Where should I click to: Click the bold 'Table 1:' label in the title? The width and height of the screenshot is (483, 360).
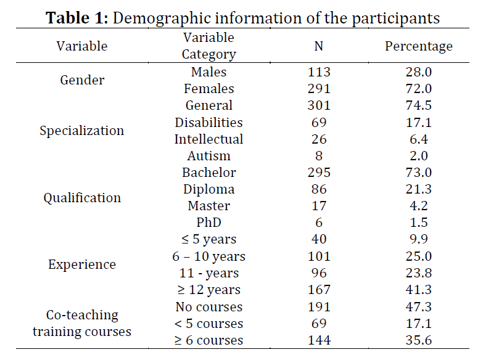coord(77,17)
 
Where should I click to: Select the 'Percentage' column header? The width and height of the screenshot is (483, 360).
coord(419,46)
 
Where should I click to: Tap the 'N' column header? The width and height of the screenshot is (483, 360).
coord(319,46)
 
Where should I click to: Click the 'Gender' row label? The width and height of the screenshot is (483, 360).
coord(82,80)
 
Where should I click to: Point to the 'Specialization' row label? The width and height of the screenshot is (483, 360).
coord(81,131)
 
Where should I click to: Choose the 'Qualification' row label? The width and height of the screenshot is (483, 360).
coord(82,198)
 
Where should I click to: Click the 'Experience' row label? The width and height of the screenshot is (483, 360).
coord(82,264)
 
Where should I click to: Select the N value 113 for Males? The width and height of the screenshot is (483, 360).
coord(319,72)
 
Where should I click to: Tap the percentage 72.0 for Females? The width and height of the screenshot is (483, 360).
coord(419,89)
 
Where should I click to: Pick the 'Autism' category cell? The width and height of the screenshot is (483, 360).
coord(209,156)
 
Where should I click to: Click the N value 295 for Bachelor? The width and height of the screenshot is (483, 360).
coord(319,173)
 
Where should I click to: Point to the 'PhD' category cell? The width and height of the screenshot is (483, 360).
coord(209,223)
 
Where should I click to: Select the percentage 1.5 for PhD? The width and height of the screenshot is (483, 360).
coord(419,223)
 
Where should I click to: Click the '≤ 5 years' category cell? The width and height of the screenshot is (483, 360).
coord(209,239)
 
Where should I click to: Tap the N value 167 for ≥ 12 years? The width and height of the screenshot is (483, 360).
coord(319,290)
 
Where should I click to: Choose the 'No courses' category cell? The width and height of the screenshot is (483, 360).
coord(209,307)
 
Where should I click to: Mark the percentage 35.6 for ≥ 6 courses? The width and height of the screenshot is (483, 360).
coord(419,340)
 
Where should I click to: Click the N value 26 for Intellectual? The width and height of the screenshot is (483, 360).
coord(319,139)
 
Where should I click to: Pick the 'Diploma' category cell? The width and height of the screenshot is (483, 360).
coord(209,189)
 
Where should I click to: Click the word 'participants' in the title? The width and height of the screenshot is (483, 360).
coord(395,18)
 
